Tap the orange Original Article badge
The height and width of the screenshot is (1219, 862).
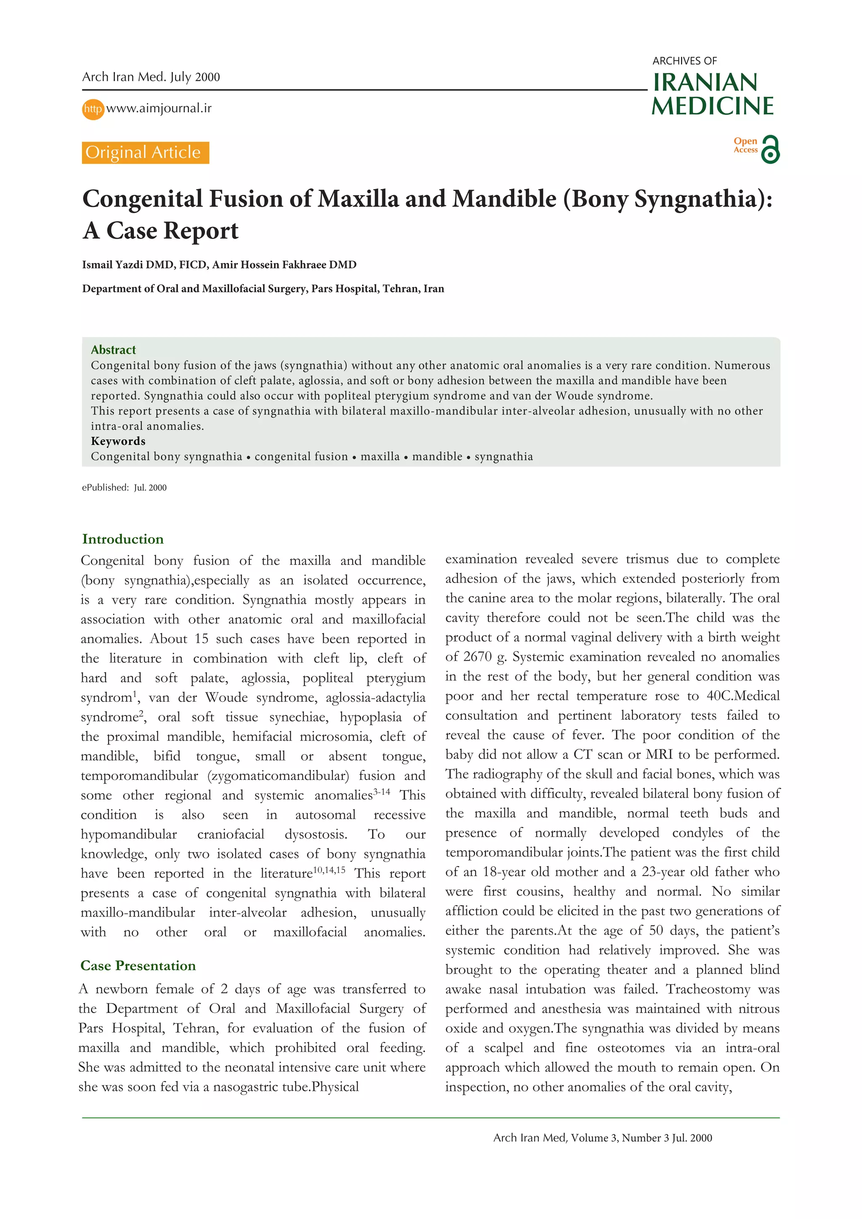(x=145, y=152)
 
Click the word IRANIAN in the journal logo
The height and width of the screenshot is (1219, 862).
(x=705, y=83)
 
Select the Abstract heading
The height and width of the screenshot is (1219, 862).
(x=113, y=349)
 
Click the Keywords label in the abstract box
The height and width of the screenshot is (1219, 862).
(x=118, y=441)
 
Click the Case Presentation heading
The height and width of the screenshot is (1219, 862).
(x=138, y=965)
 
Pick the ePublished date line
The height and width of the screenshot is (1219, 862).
(x=124, y=487)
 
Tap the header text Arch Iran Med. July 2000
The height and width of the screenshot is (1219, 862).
(x=151, y=77)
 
